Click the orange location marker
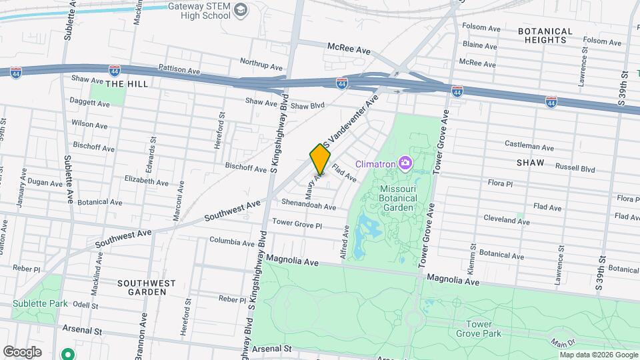[320, 159]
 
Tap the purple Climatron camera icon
[405, 163]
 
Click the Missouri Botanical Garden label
[398, 198]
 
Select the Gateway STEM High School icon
[241, 10]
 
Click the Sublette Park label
[40, 303]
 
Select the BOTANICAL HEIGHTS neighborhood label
[545, 35]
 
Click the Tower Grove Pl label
[297, 224]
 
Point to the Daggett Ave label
[90, 104]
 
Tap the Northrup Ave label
[261, 62]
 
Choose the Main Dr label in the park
[563, 343]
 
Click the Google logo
[22, 351]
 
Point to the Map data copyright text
[599, 355]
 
